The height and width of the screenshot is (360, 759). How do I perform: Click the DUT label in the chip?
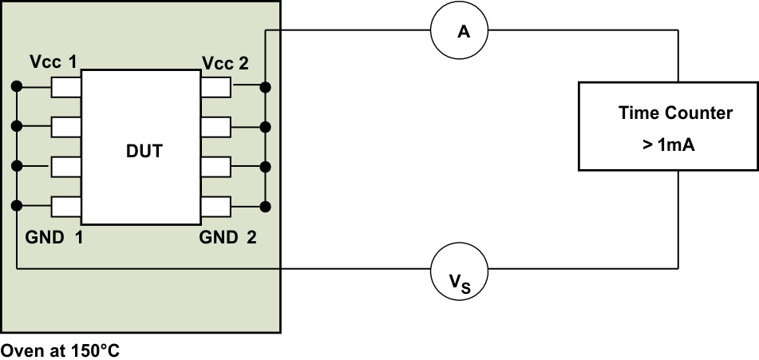144,150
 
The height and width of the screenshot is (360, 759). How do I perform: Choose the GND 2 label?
227,237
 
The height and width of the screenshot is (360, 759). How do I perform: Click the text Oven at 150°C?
61,350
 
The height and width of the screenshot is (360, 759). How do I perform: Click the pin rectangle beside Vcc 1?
66,86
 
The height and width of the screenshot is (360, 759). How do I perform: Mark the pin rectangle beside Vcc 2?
216,86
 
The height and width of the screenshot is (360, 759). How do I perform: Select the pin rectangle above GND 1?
66,207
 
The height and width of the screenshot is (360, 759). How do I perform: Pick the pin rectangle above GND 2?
216,207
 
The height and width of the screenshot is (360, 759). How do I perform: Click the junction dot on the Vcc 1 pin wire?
16,86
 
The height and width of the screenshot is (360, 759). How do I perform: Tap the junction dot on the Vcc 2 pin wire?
266,86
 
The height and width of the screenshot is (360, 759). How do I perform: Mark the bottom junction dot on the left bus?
16,207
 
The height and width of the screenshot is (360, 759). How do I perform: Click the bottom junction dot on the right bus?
266,207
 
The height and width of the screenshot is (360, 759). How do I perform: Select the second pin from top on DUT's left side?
66,126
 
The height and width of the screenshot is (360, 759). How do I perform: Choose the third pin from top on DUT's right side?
216,167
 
